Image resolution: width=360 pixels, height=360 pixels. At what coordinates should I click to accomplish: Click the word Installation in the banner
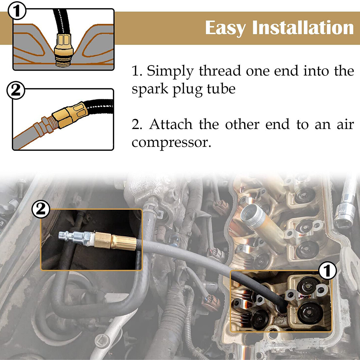click(x=303, y=27)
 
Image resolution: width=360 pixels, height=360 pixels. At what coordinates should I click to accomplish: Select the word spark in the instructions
click(x=150, y=89)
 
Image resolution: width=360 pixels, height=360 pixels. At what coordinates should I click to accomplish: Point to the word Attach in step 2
click(x=171, y=124)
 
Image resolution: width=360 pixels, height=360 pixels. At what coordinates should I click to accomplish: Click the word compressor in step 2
click(x=171, y=143)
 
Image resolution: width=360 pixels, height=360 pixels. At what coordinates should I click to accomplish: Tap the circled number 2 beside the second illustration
click(x=16, y=90)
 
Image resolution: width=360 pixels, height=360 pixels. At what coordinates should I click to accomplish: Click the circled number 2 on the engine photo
click(x=41, y=209)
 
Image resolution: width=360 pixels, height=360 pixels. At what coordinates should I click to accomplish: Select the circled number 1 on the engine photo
click(x=328, y=270)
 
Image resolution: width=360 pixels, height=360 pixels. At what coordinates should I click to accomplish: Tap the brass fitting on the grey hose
click(x=115, y=241)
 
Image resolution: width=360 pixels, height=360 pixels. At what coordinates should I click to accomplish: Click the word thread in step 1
click(x=220, y=71)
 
